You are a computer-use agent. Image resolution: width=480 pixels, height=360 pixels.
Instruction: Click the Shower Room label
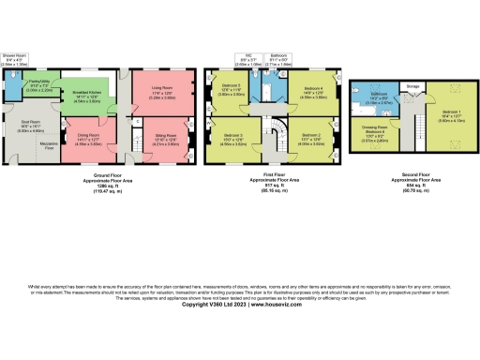pyautogui.click(x=14, y=56)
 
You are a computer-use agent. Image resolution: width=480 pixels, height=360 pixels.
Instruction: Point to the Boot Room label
pyautogui.click(x=30, y=121)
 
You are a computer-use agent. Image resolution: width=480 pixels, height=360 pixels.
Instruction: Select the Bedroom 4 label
pyautogui.click(x=314, y=89)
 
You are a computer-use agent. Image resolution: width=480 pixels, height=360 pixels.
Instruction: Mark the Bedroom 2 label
pyautogui.click(x=312, y=137)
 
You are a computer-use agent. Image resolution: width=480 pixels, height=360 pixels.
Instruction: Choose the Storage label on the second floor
pyautogui.click(x=413, y=87)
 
